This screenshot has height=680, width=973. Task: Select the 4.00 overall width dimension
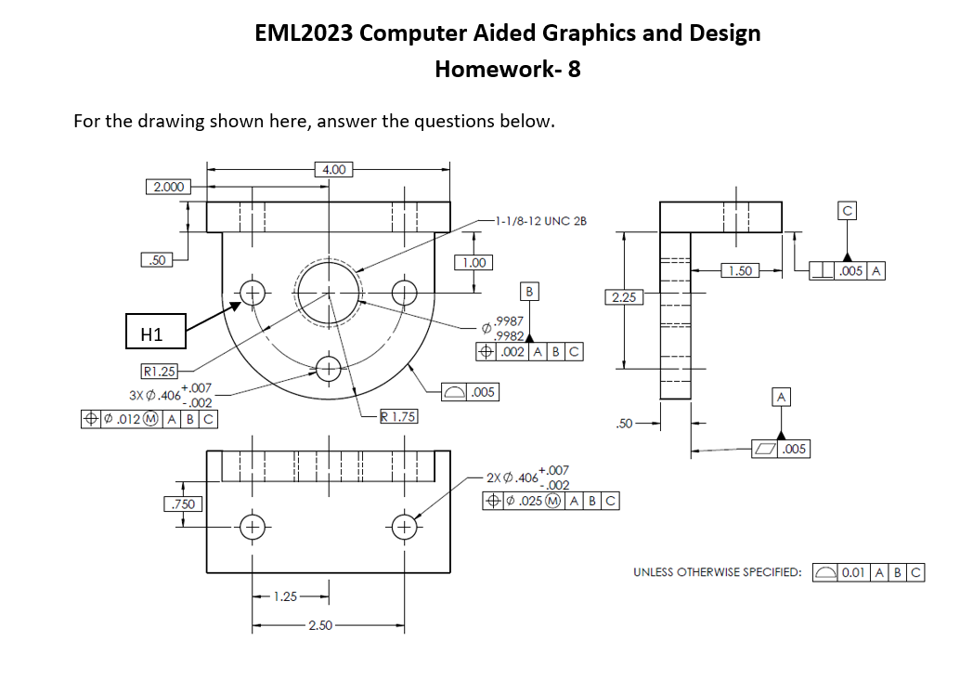pyautogui.click(x=331, y=169)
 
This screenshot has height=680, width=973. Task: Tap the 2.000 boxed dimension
pyautogui.click(x=167, y=187)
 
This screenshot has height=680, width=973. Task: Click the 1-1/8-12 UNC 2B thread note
pyautogui.click(x=540, y=221)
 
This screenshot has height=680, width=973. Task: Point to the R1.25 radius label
pyautogui.click(x=159, y=372)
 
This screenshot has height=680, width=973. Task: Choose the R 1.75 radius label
pyautogui.click(x=398, y=417)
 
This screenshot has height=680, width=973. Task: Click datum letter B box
pyautogui.click(x=529, y=292)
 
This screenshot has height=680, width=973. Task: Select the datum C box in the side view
pyautogui.click(x=847, y=212)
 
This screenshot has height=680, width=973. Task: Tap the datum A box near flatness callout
pyautogui.click(x=782, y=398)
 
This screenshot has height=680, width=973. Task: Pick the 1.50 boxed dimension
pyautogui.click(x=740, y=270)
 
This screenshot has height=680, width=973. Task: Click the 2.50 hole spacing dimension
pyautogui.click(x=319, y=625)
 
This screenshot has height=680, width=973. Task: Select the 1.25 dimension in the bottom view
pyautogui.click(x=286, y=596)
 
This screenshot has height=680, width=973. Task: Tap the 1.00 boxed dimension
pyautogui.click(x=474, y=262)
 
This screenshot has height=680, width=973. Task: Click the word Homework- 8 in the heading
pyautogui.click(x=507, y=69)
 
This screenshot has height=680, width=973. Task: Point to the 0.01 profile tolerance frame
pyautogui.click(x=868, y=572)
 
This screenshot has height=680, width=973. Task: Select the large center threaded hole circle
pyautogui.click(x=328, y=292)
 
